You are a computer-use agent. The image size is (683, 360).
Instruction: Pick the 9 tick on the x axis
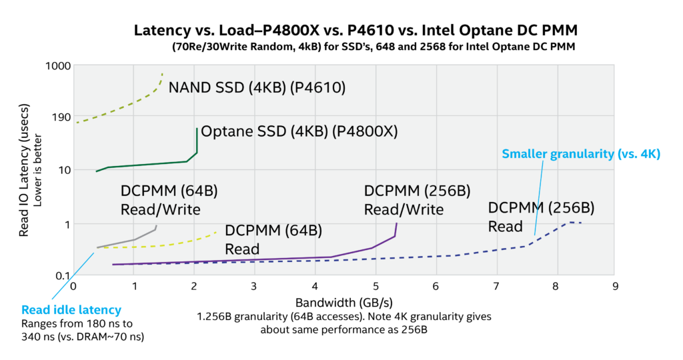[x=614, y=287]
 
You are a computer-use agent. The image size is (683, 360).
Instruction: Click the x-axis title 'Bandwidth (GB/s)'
[x=344, y=303]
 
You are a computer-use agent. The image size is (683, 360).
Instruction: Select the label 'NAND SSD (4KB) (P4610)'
[x=257, y=87]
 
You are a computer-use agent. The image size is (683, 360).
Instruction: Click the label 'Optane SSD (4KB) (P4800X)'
[x=299, y=131]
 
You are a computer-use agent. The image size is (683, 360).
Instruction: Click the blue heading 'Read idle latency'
[x=71, y=310]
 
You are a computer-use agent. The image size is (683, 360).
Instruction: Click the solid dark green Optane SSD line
[x=147, y=164]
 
